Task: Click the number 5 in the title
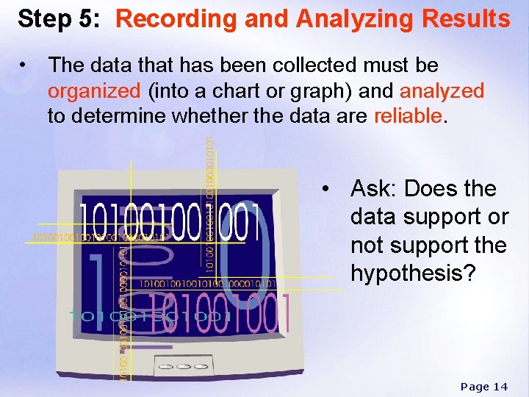coord(89,18)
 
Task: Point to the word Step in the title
coord(46,18)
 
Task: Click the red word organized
coord(94,91)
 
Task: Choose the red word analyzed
coord(442,91)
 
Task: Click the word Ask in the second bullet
coord(373,189)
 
